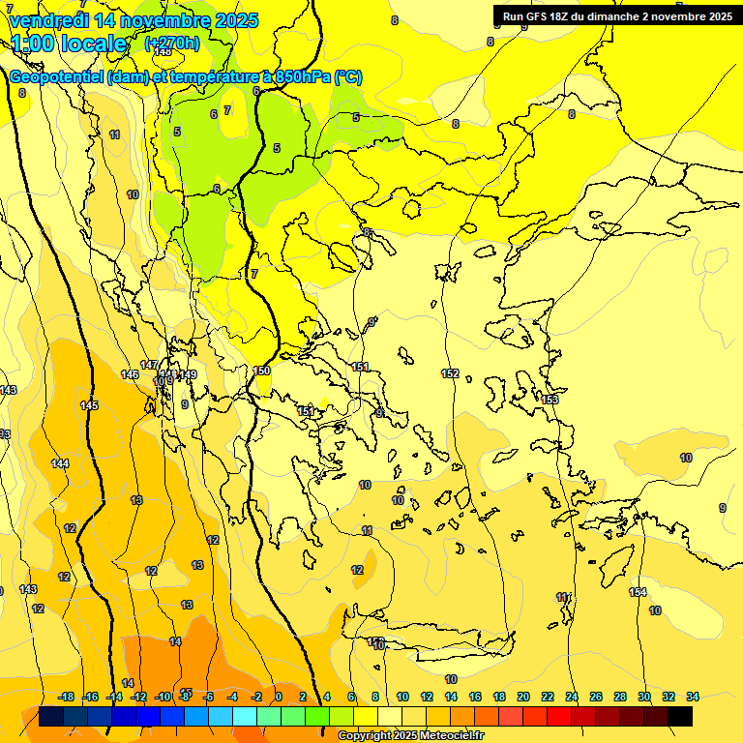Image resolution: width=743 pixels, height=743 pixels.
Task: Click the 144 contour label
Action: pos(60,464)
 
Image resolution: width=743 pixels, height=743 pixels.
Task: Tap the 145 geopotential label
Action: pos(90,405)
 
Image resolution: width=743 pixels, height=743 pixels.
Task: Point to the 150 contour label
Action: pos(262,371)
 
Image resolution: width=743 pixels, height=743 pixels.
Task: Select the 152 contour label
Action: pos(450,373)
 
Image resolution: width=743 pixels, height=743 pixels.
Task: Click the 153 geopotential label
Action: pos(550,400)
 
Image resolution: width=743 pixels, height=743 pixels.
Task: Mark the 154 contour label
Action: pos(638,592)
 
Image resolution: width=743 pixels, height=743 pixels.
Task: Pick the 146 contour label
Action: pos(130,374)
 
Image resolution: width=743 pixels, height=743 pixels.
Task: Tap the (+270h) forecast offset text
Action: pos(172,44)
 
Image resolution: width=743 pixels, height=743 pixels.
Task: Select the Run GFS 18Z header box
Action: pos(616,16)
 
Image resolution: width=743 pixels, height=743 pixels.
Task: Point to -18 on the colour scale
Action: pos(67,697)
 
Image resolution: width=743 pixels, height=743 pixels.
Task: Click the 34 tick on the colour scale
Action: pos(693,697)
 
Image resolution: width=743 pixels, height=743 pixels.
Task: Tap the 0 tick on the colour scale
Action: pos(279,697)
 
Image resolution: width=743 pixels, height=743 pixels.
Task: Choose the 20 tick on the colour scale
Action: pos(522,697)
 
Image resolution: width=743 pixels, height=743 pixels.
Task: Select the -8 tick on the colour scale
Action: pos(185,697)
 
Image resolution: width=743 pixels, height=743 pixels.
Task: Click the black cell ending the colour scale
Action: pos(680,717)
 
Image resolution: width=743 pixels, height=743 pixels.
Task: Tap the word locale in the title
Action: pos(91,44)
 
